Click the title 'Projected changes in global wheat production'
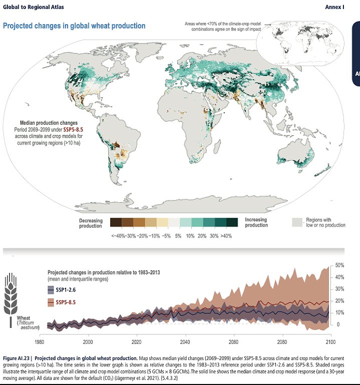[x=74, y=26]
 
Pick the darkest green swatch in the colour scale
[x=232, y=223]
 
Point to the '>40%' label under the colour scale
[x=231, y=235]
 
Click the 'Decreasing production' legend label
[x=91, y=222]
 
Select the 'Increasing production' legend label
[x=256, y=222]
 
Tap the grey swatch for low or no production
[x=298, y=222]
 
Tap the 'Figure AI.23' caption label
[x=18, y=358]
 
